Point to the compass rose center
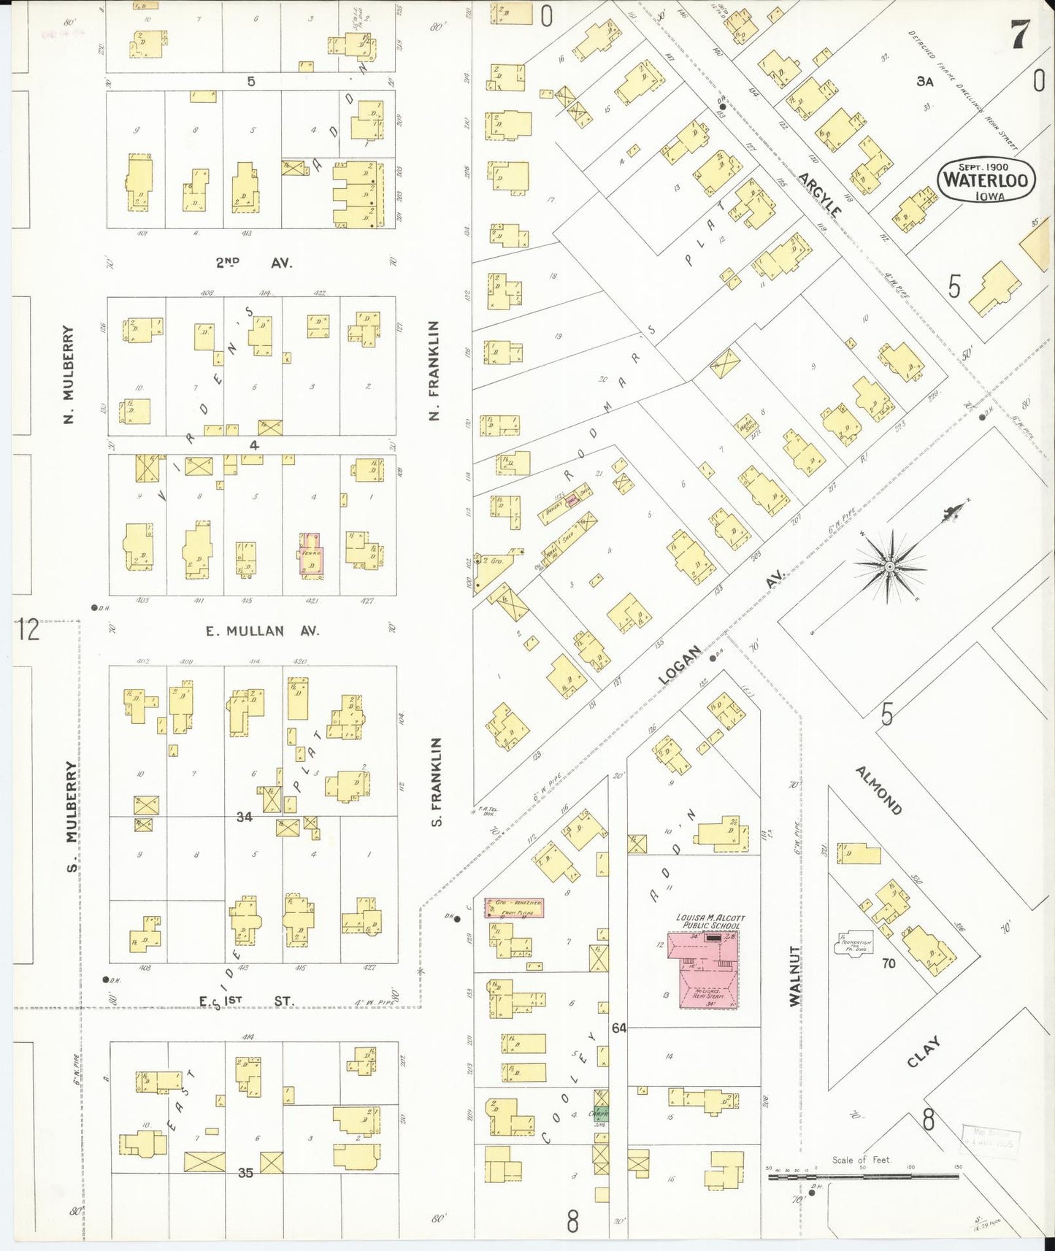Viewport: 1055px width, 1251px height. point(889,566)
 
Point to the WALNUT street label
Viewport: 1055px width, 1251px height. point(795,977)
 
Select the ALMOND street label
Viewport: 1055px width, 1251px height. point(878,790)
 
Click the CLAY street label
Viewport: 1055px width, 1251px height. point(923,1052)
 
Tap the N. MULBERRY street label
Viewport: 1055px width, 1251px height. point(69,375)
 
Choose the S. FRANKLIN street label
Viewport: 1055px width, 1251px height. point(437,782)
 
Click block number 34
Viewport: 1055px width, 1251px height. point(244,817)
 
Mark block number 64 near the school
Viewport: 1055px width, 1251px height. point(619,1028)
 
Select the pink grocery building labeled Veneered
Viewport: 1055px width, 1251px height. point(513,908)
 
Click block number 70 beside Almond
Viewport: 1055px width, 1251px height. point(888,963)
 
